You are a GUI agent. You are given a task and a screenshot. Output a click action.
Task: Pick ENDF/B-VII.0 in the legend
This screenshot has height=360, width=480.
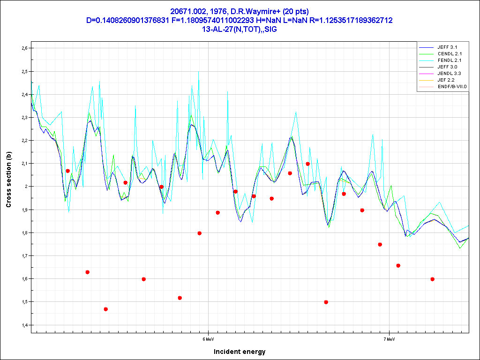click(449, 87)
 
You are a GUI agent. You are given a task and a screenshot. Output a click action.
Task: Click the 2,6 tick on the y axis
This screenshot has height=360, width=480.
click(25, 48)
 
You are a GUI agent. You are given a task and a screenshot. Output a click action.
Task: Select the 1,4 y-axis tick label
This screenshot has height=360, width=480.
click(25, 325)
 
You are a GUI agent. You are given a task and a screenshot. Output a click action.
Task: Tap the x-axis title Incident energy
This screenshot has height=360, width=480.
click(240, 352)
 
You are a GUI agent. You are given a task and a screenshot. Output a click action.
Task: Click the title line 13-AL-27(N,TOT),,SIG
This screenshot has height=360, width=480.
click(240, 29)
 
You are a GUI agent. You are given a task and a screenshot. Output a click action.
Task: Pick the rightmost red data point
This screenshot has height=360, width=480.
click(433, 279)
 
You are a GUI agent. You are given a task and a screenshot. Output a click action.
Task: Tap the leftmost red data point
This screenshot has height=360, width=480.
click(68, 171)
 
